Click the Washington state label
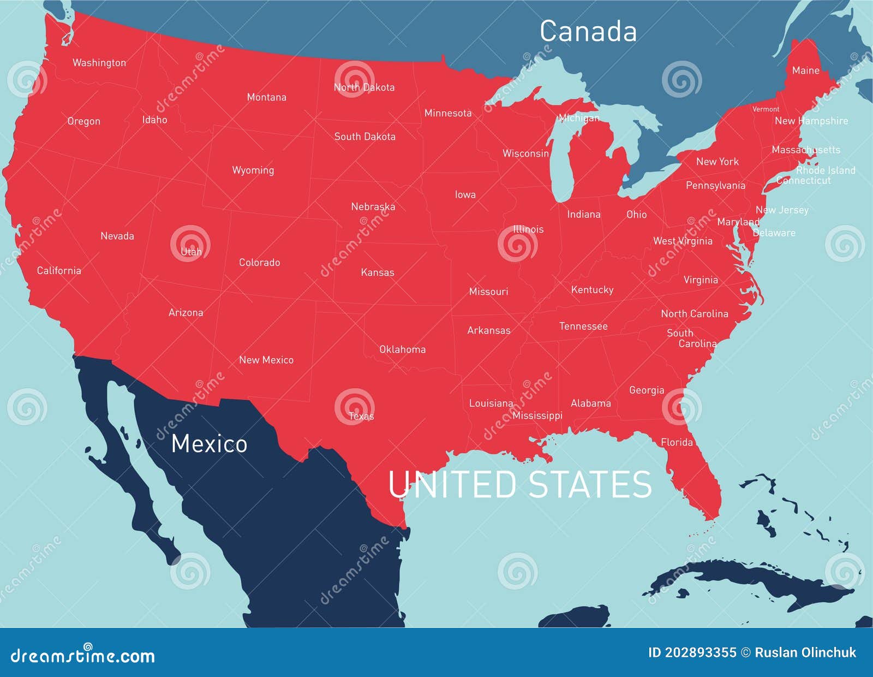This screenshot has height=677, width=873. (99, 63)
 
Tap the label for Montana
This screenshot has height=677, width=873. (266, 97)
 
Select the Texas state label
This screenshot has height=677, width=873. (361, 416)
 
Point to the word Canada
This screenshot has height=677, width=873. (588, 31)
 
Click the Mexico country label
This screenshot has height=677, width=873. (209, 443)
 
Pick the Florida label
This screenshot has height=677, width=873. (677, 442)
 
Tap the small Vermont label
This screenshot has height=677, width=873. (766, 109)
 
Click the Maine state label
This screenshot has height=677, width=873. (805, 70)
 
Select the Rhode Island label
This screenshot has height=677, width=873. (826, 170)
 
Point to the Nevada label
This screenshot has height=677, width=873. (117, 236)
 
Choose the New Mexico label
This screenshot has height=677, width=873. (266, 360)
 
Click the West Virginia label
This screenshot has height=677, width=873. (683, 241)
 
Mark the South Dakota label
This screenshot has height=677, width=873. (364, 136)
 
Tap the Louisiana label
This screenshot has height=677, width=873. (491, 403)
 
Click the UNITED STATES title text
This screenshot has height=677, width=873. (519, 484)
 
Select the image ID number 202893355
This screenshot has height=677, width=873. (701, 652)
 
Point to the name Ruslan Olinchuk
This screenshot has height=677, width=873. (805, 652)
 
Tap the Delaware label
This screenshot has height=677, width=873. (774, 233)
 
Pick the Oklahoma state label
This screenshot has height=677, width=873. (402, 349)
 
